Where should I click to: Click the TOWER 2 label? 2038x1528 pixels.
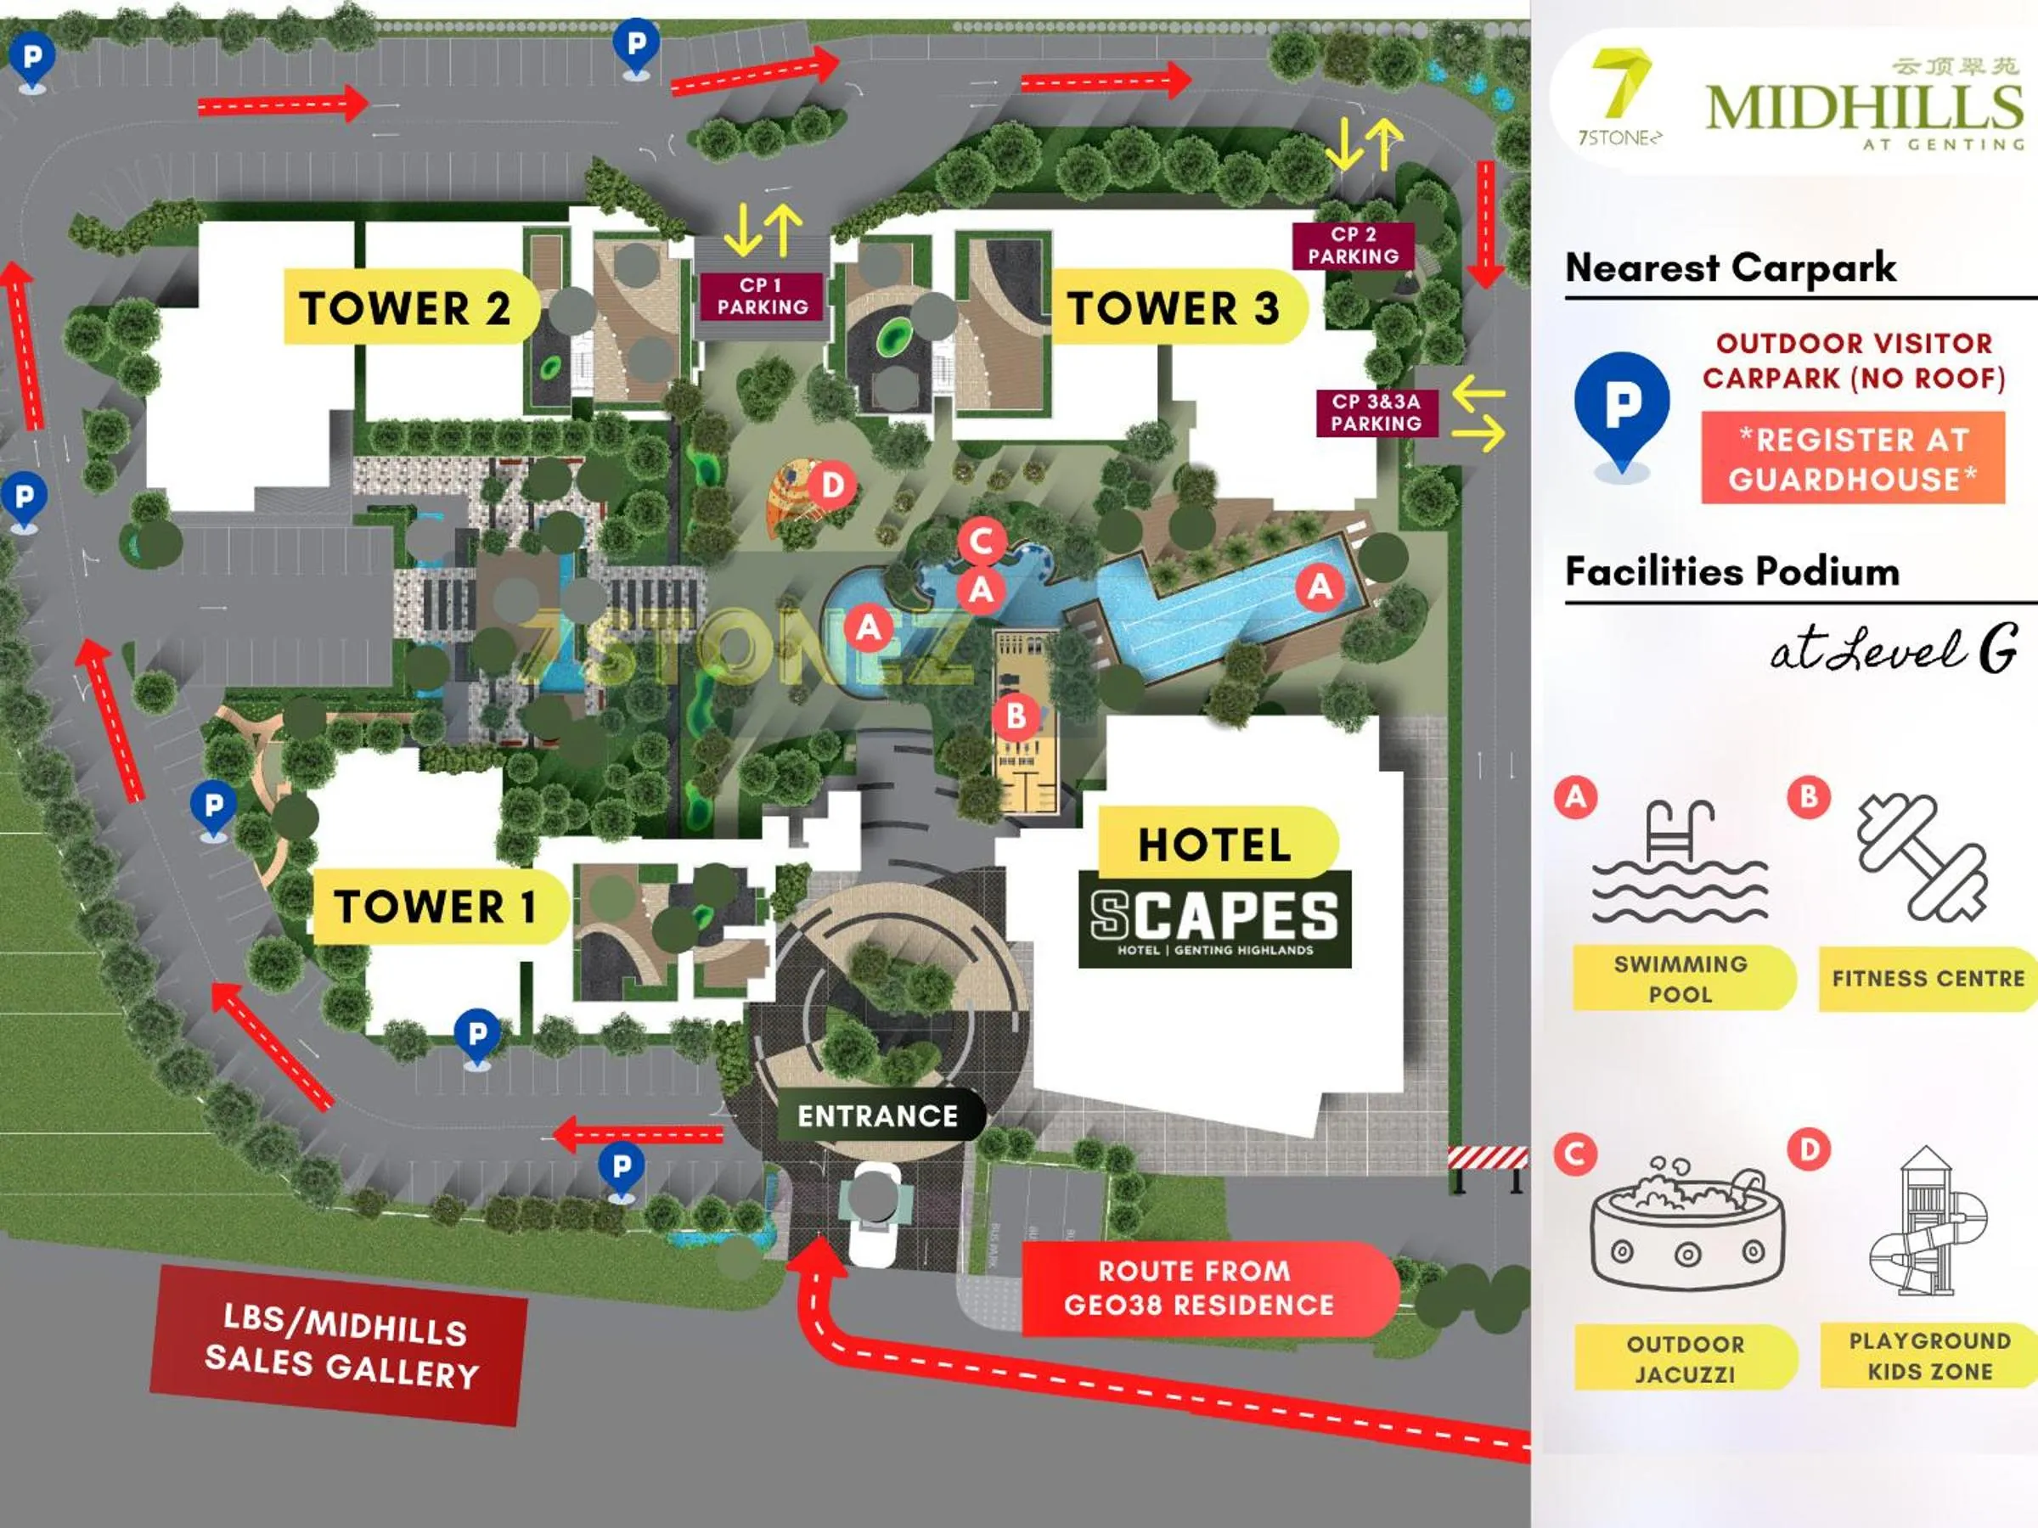pyautogui.click(x=405, y=307)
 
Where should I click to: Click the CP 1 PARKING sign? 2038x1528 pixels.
pyautogui.click(x=763, y=296)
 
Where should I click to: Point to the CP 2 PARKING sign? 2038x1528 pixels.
pyautogui.click(x=1353, y=246)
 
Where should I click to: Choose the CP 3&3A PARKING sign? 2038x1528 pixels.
pyautogui.click(x=1376, y=413)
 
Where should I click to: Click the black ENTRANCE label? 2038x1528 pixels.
pyautogui.click(x=877, y=1116)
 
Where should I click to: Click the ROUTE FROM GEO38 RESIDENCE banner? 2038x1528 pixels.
pyautogui.click(x=1197, y=1288)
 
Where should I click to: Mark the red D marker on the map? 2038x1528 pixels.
pyautogui.click(x=833, y=486)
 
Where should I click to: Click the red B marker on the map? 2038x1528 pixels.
pyautogui.click(x=1016, y=716)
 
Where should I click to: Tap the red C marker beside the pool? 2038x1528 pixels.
pyautogui.click(x=982, y=542)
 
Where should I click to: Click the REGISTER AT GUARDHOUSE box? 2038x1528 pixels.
pyautogui.click(x=1852, y=458)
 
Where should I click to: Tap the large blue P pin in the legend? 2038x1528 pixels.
pyautogui.click(x=1622, y=410)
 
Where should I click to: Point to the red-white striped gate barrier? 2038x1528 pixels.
pyautogui.click(x=1487, y=1158)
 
